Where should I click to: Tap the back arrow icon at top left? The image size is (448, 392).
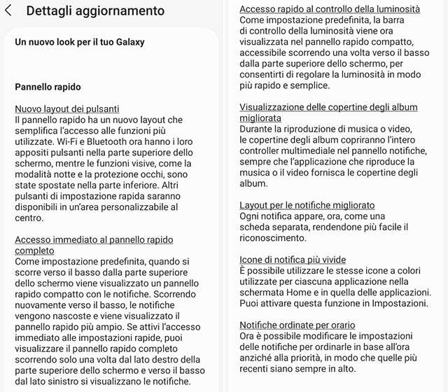[x=8, y=11]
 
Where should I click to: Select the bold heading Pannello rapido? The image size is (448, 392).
[x=48, y=87]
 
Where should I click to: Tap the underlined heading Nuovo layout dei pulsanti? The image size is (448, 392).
[x=67, y=109]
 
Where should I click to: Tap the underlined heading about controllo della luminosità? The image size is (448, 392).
[x=330, y=9]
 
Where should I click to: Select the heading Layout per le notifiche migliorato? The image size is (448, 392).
[x=307, y=206]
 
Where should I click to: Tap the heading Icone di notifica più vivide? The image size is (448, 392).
[x=293, y=260]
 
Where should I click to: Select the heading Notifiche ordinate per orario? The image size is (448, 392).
[x=297, y=325]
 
